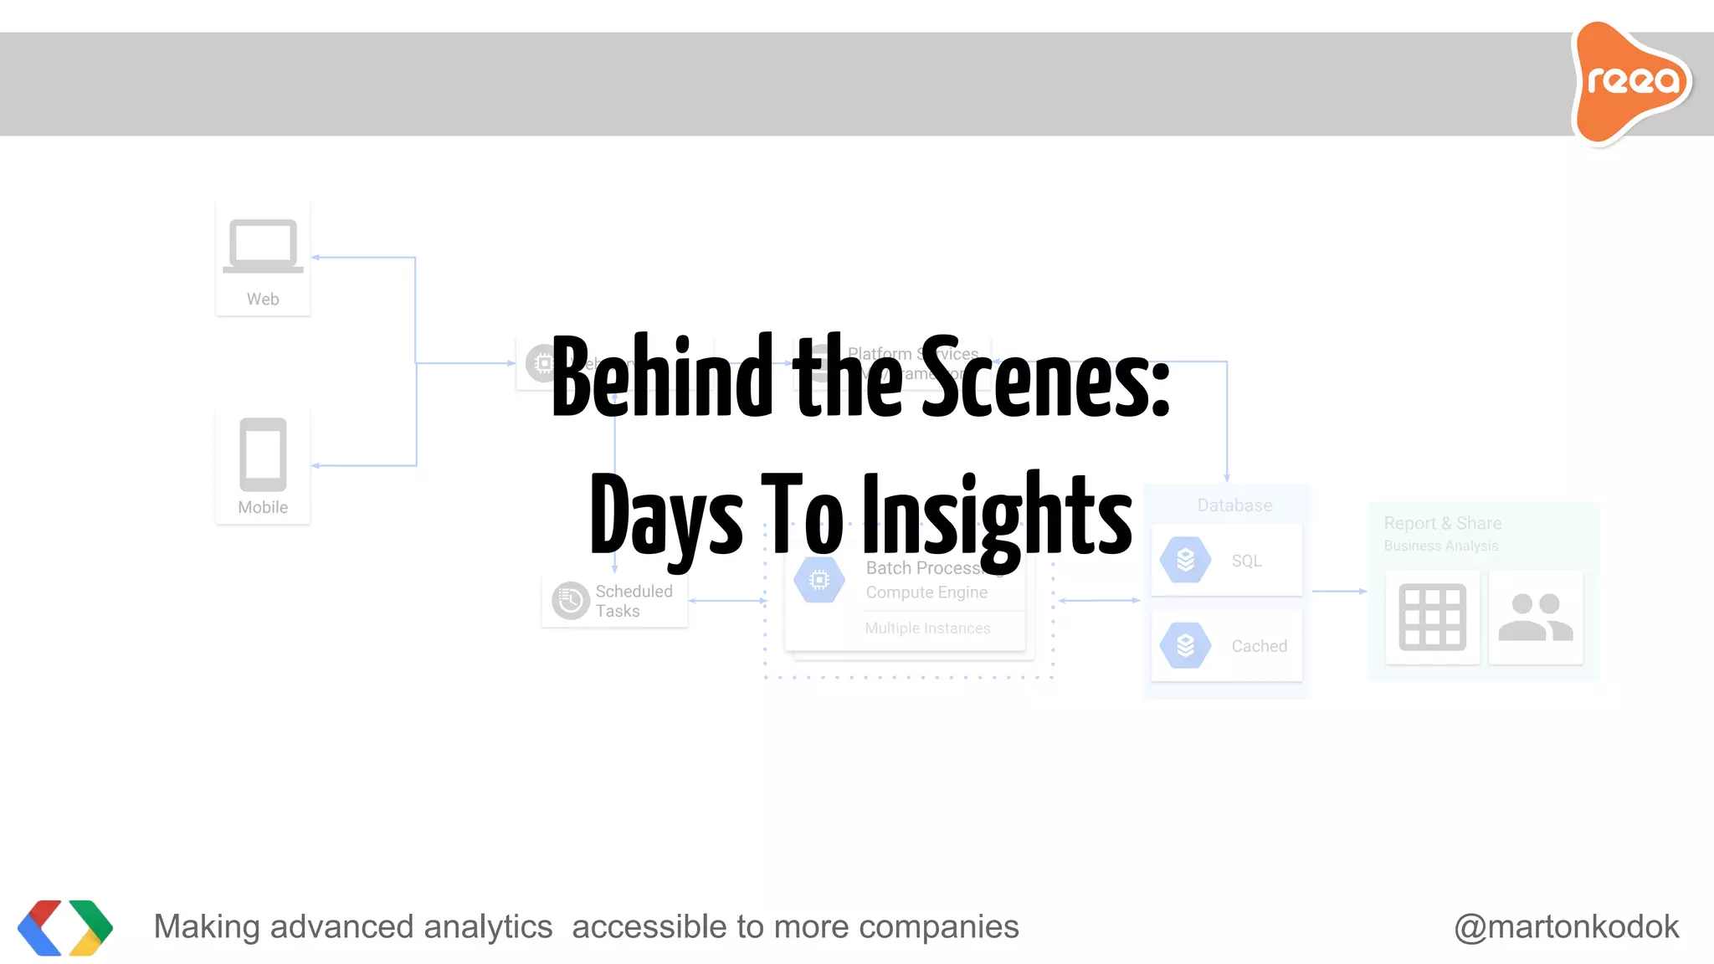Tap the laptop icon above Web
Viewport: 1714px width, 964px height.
[263, 245]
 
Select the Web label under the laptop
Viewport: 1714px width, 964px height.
[263, 299]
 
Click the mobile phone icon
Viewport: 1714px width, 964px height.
[263, 454]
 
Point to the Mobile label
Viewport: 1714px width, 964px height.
[263, 507]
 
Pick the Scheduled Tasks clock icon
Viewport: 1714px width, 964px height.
[571, 601]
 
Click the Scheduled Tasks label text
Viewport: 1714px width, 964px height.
[634, 601]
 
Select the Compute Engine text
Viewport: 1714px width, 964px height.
[926, 592]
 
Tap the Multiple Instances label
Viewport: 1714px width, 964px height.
[927, 628]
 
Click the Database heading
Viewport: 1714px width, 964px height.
[1234, 505]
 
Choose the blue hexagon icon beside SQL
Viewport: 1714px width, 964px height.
[1185, 560]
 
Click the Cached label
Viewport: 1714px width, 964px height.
[1259, 646]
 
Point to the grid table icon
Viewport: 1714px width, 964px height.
[1432, 618]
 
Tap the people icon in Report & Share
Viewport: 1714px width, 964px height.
[1535, 618]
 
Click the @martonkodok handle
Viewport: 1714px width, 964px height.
[1566, 927]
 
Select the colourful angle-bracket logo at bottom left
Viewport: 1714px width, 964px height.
[65, 927]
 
